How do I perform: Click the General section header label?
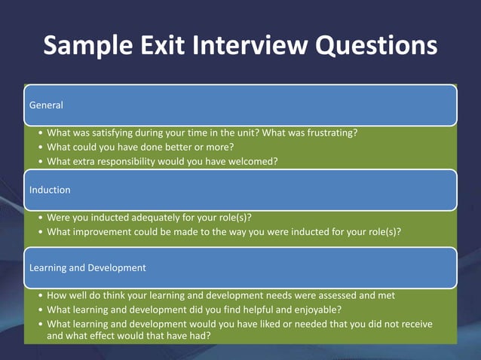(x=46, y=105)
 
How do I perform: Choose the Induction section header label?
(x=50, y=190)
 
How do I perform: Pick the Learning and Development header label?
(x=87, y=267)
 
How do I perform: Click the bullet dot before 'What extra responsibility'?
(x=39, y=161)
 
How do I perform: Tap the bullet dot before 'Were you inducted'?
(x=39, y=218)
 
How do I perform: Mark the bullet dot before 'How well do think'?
(x=39, y=295)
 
